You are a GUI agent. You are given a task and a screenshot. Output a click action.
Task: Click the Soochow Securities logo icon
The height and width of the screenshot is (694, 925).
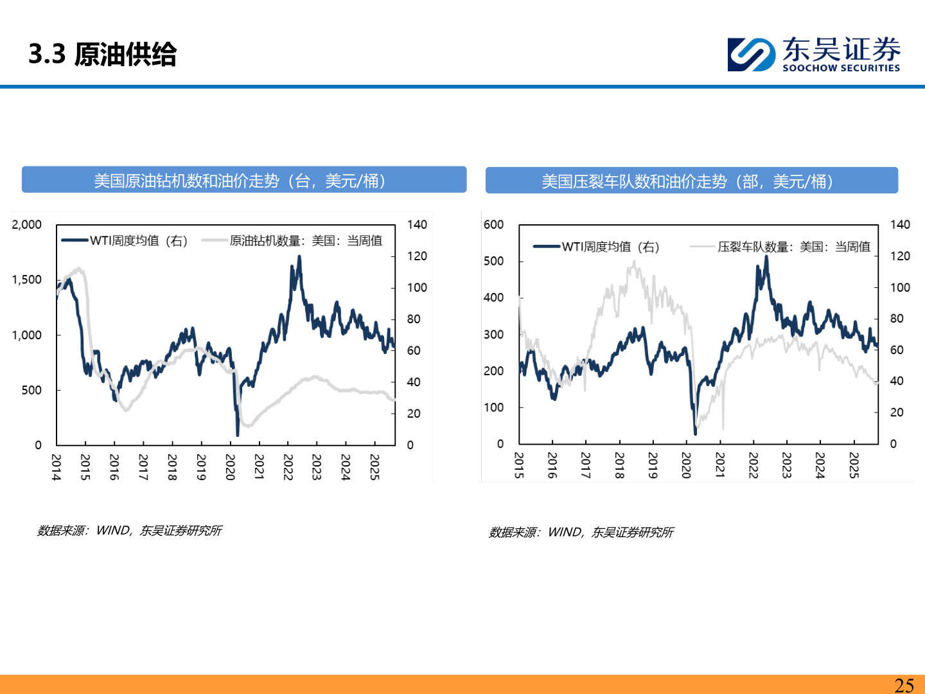[x=751, y=55]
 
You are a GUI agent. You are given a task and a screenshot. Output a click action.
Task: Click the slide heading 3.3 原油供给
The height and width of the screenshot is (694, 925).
[x=103, y=55]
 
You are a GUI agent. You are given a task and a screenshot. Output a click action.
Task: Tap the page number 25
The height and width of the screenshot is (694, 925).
[x=904, y=685]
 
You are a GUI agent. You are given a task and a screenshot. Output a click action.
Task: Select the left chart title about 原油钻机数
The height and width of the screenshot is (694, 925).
[x=243, y=181]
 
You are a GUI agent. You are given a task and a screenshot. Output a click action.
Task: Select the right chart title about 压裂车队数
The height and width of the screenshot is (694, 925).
[x=691, y=181]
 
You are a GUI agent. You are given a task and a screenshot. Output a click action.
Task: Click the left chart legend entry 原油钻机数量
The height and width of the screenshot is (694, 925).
[x=305, y=241]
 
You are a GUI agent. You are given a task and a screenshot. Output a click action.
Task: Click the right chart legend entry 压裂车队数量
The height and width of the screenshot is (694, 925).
[x=793, y=247]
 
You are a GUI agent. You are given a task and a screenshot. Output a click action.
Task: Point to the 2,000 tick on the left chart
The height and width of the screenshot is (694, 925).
[x=26, y=224]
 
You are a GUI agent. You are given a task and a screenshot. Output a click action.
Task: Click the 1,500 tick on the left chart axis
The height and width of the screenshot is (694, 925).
[x=26, y=280]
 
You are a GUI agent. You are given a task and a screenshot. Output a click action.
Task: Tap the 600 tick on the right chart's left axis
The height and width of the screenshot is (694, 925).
[x=493, y=224]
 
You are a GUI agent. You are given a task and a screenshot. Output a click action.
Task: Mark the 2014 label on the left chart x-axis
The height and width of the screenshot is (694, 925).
[x=57, y=467]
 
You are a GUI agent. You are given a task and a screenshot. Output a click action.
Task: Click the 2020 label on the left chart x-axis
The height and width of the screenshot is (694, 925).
[x=230, y=467]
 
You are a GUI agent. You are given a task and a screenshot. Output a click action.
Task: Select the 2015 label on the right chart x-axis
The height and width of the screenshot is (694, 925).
[x=519, y=465]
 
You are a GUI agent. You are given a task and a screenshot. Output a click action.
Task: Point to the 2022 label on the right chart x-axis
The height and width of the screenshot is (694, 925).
[x=753, y=465]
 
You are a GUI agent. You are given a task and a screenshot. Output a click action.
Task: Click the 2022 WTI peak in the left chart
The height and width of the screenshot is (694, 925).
[x=299, y=257]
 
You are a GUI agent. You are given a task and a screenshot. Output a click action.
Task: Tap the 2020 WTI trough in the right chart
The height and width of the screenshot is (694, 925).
[x=695, y=432]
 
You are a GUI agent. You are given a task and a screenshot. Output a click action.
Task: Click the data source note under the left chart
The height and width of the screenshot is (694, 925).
[x=129, y=531]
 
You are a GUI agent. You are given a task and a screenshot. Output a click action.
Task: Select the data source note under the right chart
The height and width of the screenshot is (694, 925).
[x=581, y=533]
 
